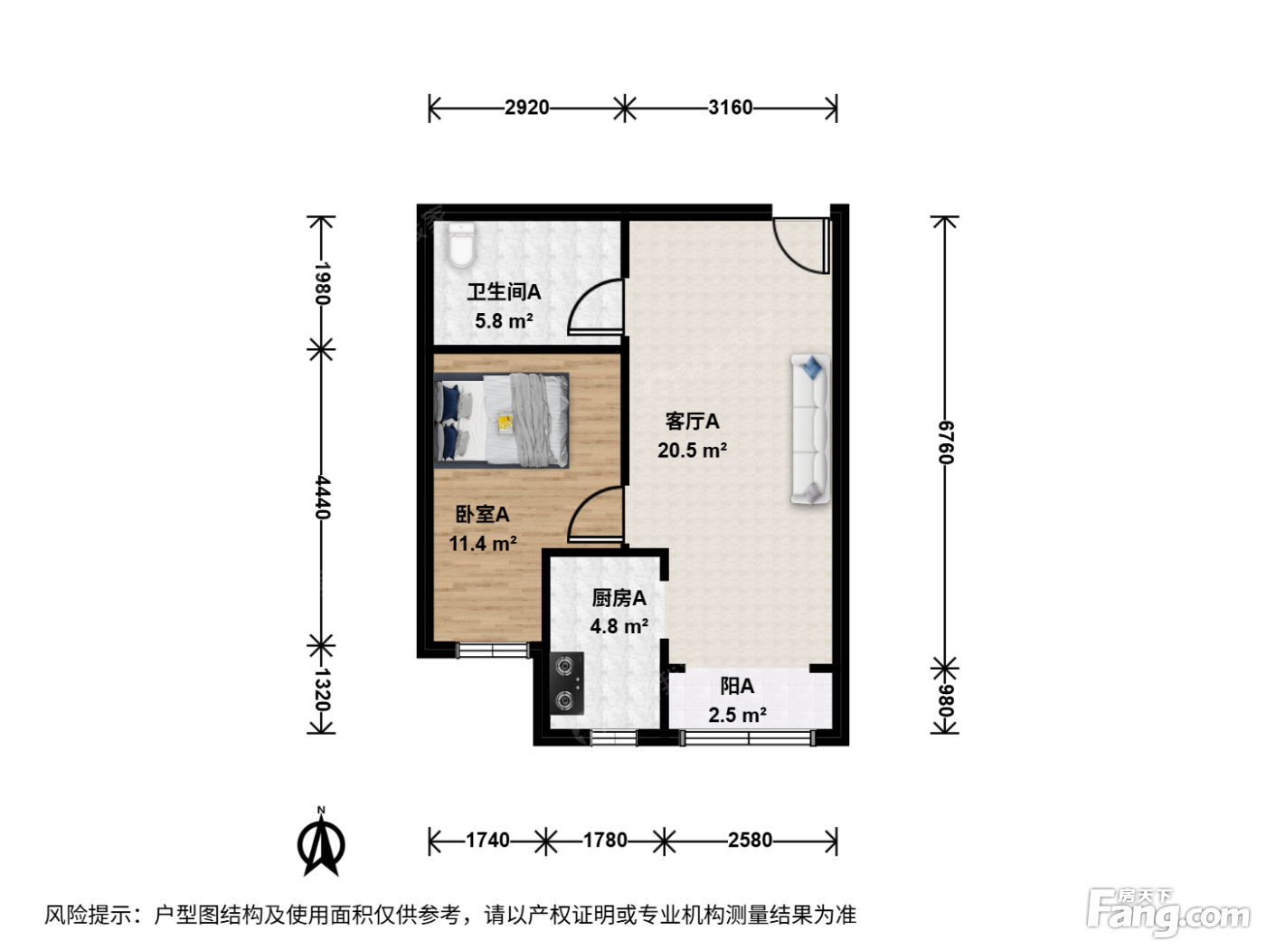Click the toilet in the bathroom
[x=461, y=245]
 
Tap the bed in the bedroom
[x=501, y=420]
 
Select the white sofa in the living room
[x=810, y=430]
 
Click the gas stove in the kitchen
[x=566, y=683]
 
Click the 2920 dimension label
[x=526, y=108]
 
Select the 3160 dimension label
[x=730, y=108]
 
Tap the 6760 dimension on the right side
[x=945, y=442]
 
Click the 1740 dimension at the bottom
[x=487, y=840]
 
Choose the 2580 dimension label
[x=750, y=840]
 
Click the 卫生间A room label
[x=504, y=292]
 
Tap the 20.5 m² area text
[x=692, y=450]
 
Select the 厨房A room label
[x=619, y=598]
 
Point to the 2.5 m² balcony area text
[x=737, y=716]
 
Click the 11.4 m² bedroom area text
[x=483, y=544]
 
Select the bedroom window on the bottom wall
[x=493, y=650]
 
